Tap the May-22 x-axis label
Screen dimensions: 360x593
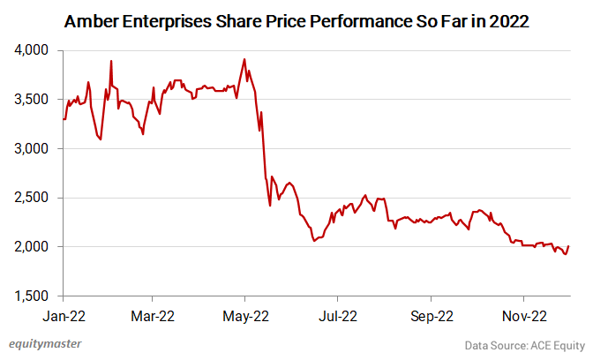point(245,314)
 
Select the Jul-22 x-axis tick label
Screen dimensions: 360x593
point(337,314)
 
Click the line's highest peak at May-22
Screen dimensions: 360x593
point(244,60)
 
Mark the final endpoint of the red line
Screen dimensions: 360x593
point(568,246)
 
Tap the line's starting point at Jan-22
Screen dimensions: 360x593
point(64,119)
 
